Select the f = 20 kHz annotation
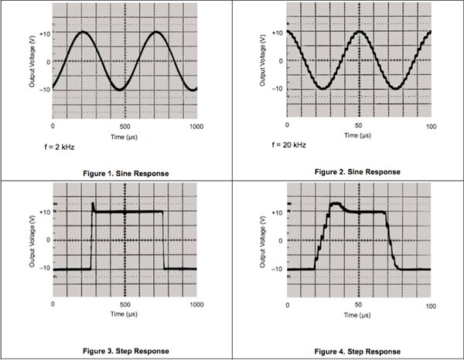[290, 144]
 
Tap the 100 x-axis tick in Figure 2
[431, 125]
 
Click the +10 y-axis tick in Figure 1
[44, 34]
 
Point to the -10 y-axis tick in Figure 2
[277, 90]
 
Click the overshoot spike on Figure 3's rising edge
[93, 205]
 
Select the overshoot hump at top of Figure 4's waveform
[336, 205]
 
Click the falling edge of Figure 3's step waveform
[164, 239]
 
